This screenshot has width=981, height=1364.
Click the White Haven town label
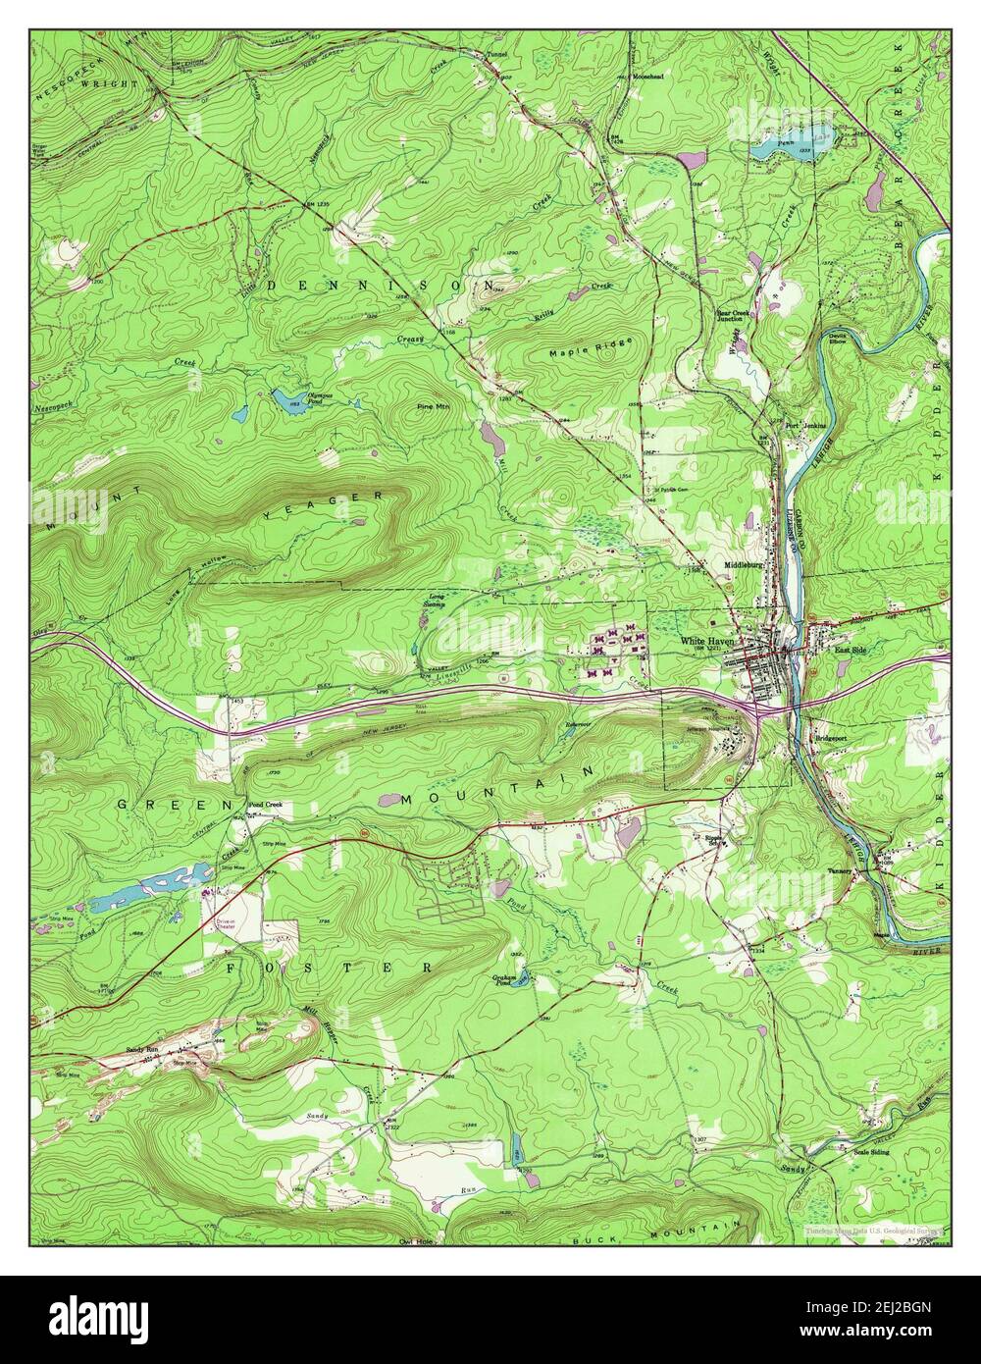point(707,642)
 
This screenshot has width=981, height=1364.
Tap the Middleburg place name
point(743,566)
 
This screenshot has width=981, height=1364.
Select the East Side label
point(851,650)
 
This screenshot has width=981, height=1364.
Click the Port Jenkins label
point(805,425)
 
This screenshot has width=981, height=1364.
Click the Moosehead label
point(647,76)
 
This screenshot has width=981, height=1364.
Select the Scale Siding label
point(871,1151)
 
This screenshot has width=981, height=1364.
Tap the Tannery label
point(839,869)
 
